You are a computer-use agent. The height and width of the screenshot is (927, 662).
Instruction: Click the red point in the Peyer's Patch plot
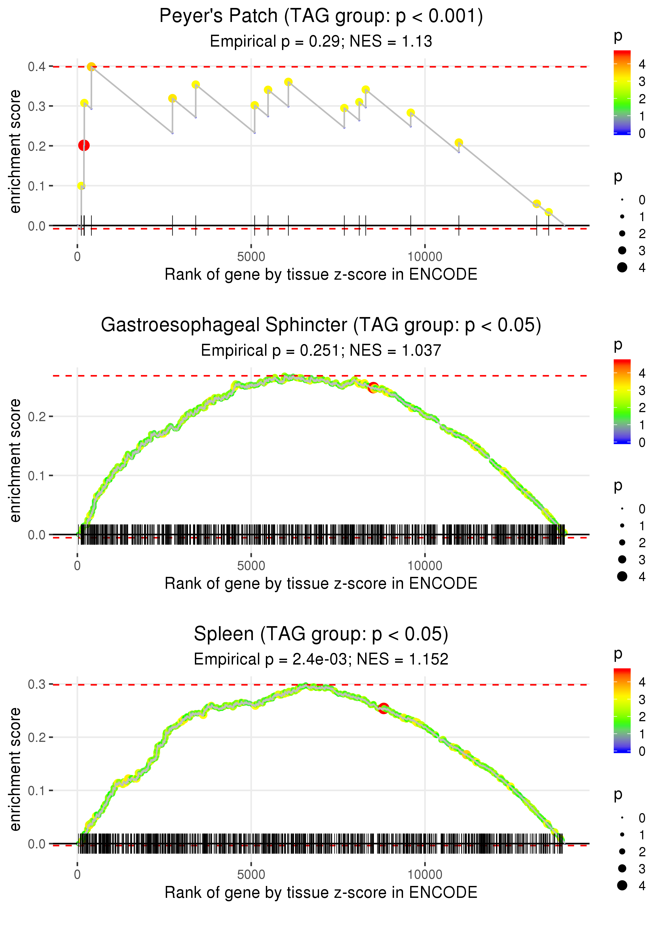pos(84,145)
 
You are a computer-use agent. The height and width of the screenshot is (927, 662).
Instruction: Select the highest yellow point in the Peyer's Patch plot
pos(91,66)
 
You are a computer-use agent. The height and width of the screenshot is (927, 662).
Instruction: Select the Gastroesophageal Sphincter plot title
pos(321,325)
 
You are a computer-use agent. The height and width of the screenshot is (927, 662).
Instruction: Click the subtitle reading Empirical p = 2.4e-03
pos(321,659)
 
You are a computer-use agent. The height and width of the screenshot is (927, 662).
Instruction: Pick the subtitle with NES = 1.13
pos(321,41)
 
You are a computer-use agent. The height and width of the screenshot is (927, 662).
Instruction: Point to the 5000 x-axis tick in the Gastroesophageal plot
pos(251,565)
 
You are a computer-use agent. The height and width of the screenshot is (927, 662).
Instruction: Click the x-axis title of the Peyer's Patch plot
pos(321,274)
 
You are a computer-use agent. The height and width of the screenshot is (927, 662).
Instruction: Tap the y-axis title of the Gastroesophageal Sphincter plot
pos(15,461)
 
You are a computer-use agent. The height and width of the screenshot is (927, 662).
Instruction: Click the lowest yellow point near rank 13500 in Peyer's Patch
pos(549,212)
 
